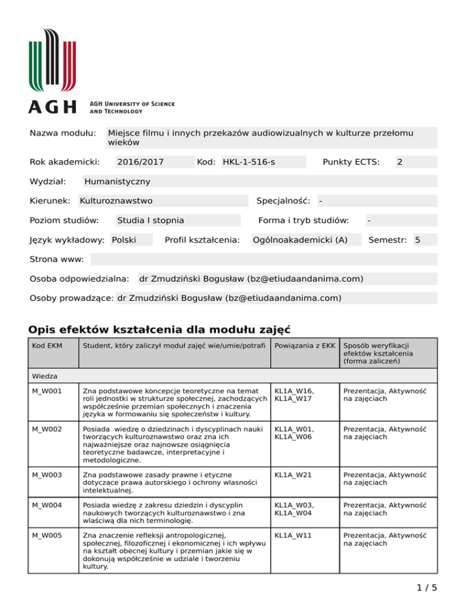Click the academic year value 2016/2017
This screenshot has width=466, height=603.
coord(140,162)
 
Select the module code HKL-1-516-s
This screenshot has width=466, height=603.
coord(249,162)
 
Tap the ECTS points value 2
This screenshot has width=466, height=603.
coord(399,162)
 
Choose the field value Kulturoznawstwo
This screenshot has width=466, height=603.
coord(116,201)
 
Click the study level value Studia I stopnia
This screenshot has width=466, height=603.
coord(150,220)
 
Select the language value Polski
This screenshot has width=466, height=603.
coord(124,240)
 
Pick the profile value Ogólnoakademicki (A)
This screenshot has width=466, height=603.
coord(300,240)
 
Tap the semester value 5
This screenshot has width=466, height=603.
coord(417,240)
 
